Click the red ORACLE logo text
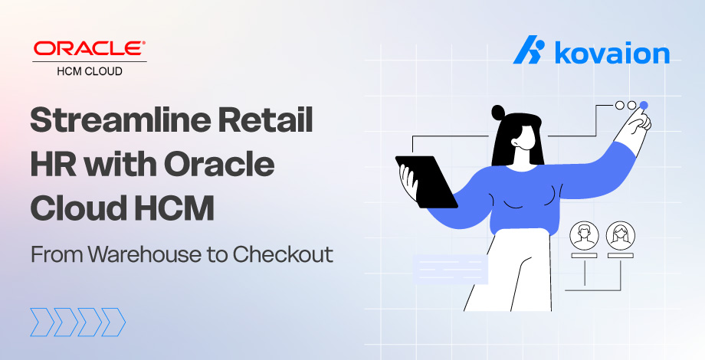tap(89, 48)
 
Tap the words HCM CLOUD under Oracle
tap(90, 71)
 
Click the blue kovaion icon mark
tap(530, 50)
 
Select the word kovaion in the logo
tap(612, 53)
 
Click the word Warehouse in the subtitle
tap(144, 254)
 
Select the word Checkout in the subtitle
tap(283, 254)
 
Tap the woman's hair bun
tap(498, 113)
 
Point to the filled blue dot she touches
tap(644, 106)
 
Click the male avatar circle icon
tap(584, 235)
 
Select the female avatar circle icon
tap(621, 235)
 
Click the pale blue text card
tap(451, 269)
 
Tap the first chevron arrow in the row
tap(42, 322)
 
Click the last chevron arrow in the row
tap(113, 322)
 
